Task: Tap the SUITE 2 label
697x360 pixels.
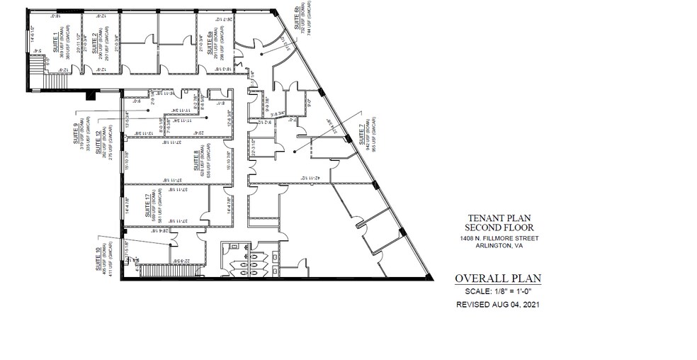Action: pos(93,44)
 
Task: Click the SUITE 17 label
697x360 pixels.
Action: pos(147,206)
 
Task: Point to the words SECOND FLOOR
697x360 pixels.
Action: pos(494,227)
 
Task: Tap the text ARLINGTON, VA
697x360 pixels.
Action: pos(494,248)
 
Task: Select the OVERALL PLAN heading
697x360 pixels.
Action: pos(494,278)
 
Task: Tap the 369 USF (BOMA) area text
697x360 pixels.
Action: pos(65,40)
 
